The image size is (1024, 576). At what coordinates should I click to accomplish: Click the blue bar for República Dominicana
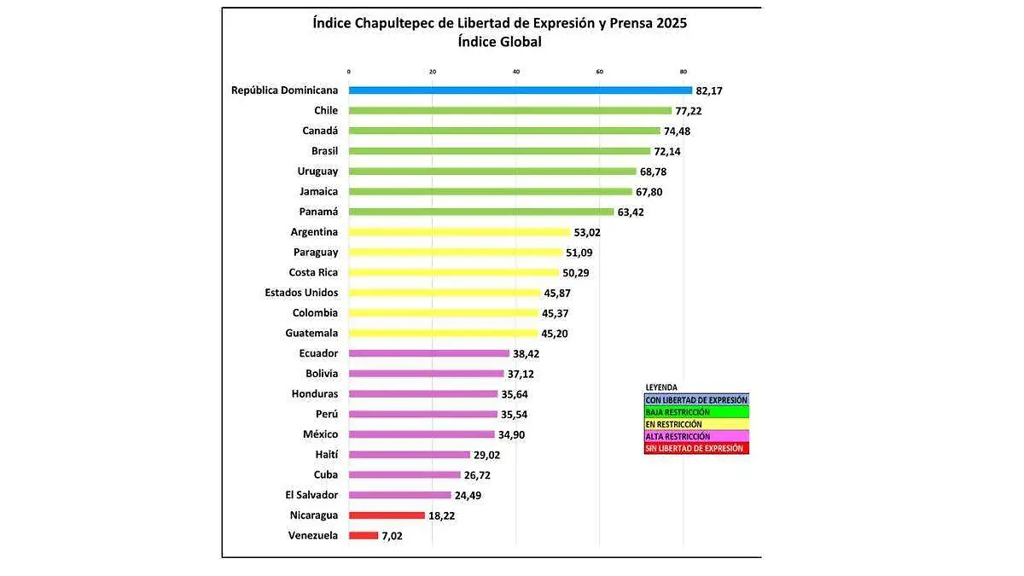(x=521, y=90)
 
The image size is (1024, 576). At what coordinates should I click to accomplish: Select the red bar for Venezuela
(x=364, y=536)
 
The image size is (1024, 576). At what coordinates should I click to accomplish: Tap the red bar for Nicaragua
(x=387, y=515)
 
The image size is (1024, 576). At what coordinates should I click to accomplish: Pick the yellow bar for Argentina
(x=459, y=232)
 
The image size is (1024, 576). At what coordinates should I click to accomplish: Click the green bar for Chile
(x=510, y=110)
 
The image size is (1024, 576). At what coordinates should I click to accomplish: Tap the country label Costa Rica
(x=313, y=272)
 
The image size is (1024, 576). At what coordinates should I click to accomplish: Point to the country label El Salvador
(x=311, y=495)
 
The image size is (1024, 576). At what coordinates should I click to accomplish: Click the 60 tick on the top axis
(x=600, y=71)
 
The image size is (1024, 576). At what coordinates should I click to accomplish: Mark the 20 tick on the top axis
(x=433, y=71)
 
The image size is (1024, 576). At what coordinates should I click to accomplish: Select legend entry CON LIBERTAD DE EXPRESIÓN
(x=696, y=399)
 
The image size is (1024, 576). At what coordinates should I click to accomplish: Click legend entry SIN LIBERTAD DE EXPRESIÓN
(x=695, y=448)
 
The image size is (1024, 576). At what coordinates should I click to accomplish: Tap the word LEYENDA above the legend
(x=661, y=387)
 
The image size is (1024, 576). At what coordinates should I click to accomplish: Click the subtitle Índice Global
(x=499, y=42)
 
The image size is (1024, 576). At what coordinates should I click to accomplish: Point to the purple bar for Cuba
(x=405, y=475)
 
